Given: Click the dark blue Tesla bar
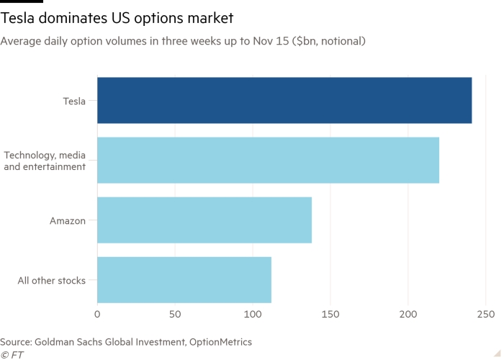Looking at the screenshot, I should click(284, 101).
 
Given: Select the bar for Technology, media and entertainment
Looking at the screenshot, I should click(268, 161).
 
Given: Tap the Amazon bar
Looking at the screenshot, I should click(204, 220).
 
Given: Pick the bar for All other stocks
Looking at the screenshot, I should click(184, 280).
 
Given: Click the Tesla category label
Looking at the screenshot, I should click(74, 102).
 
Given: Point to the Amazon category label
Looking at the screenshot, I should click(68, 221).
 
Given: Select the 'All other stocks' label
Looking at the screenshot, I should click(52, 281).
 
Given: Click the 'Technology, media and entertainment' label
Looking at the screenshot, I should click(45, 161).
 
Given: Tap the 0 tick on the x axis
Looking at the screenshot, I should click(97, 315).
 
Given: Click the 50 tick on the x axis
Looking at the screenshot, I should click(175, 315).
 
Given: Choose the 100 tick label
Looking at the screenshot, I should click(253, 315).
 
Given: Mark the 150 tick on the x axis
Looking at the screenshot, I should click(330, 315).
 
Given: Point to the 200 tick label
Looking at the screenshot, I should click(408, 315).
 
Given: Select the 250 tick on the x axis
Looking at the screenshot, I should click(486, 315).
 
